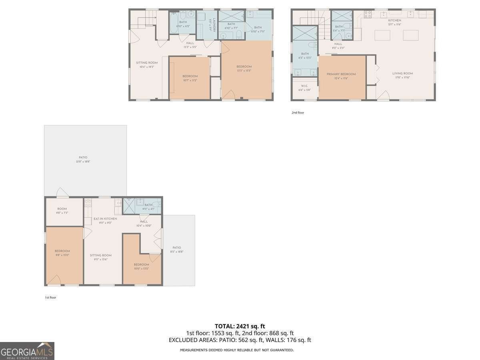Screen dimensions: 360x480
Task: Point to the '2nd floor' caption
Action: (298, 113)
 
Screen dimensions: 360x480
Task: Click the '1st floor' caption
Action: (50, 298)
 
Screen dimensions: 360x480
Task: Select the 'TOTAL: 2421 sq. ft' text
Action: (240, 326)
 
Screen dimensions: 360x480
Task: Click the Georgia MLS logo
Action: (27, 351)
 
